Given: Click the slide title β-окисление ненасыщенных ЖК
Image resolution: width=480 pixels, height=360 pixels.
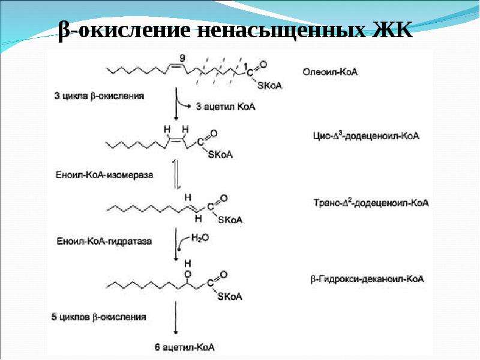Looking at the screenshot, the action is point(235,31).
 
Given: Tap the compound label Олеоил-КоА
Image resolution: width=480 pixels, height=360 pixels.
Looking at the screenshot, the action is point(330,72).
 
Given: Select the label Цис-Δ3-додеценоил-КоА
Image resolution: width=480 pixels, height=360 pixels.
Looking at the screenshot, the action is point(366,136).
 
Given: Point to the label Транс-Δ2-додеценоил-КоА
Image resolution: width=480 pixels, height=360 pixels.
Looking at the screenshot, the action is point(371,203).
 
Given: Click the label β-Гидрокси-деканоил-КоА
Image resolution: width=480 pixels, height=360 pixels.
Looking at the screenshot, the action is point(367,279).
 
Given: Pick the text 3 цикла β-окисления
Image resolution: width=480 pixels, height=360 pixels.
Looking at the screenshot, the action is point(99,96).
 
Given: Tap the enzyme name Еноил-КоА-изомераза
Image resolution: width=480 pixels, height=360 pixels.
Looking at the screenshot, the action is point(104,175).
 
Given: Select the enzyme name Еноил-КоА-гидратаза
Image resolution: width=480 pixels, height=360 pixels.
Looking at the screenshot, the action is point(104,241).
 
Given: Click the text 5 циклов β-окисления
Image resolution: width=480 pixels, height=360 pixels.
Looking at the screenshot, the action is point(98,317).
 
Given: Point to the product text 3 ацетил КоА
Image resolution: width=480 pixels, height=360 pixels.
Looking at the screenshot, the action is point(226,107).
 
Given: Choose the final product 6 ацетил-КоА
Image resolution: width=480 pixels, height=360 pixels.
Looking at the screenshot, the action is point(184,347).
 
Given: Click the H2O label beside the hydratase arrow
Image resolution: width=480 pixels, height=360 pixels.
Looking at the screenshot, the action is point(200,238).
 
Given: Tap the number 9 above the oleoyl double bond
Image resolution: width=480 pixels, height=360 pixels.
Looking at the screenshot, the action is point(182,58).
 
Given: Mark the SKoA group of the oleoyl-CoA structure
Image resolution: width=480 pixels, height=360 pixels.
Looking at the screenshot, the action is point(269,85).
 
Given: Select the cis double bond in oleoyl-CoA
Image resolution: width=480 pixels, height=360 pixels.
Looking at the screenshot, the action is point(175,65).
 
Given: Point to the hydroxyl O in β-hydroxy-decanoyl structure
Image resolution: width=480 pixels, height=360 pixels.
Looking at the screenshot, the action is point(188,274).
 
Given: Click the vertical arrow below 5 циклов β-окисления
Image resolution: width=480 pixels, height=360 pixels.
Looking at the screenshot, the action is point(176,317).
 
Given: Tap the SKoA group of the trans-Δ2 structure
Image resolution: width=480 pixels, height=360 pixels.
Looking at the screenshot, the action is point(230,220).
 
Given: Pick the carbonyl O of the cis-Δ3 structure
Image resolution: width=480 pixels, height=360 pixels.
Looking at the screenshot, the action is point(214,133).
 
